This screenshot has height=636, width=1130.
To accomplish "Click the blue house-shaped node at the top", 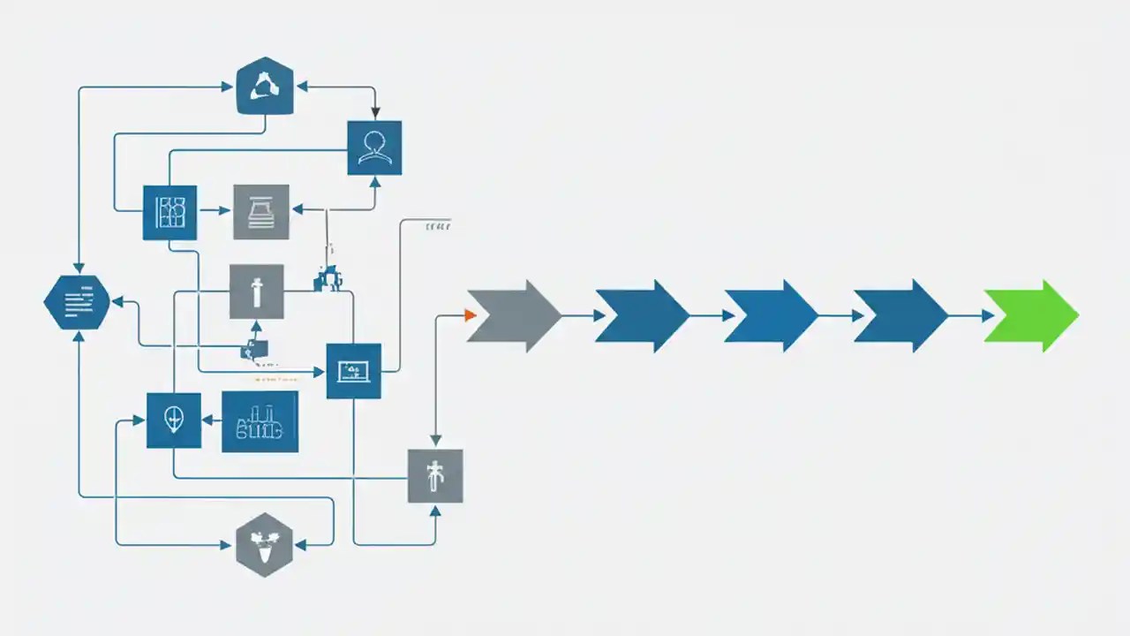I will pos(265,87).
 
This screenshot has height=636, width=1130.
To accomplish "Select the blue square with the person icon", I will pos(374,148).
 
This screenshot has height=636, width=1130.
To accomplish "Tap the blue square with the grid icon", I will pos(169,212).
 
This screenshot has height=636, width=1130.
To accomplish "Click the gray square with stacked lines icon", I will pos(261,212).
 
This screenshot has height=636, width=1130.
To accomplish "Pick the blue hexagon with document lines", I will pos(77,302).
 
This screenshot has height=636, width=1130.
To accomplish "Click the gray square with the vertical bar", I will pos(257,291).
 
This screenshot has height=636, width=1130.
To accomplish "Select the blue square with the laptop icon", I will pos(353,371).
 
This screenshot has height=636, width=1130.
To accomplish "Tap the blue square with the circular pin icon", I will pos(173,420).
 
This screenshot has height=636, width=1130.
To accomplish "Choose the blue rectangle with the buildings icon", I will pos(260,422).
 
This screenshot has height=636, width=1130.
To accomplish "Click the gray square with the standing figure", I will pos(434,476).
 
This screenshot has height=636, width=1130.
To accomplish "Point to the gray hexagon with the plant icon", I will pos(264,544).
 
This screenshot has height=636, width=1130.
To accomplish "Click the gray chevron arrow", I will pos(512,315).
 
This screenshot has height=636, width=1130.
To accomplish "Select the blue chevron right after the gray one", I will pos(641,315).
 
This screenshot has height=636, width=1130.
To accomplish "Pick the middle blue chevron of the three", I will pos(770,315).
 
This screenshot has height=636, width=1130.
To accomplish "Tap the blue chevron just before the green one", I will pos(900,315).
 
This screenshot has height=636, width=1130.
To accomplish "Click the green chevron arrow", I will pos(1030,315).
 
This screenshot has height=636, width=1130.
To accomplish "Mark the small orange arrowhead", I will pos(471,315).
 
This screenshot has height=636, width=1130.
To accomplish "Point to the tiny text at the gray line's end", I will pos(438,226).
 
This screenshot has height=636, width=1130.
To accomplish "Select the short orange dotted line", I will pos(275,380).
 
